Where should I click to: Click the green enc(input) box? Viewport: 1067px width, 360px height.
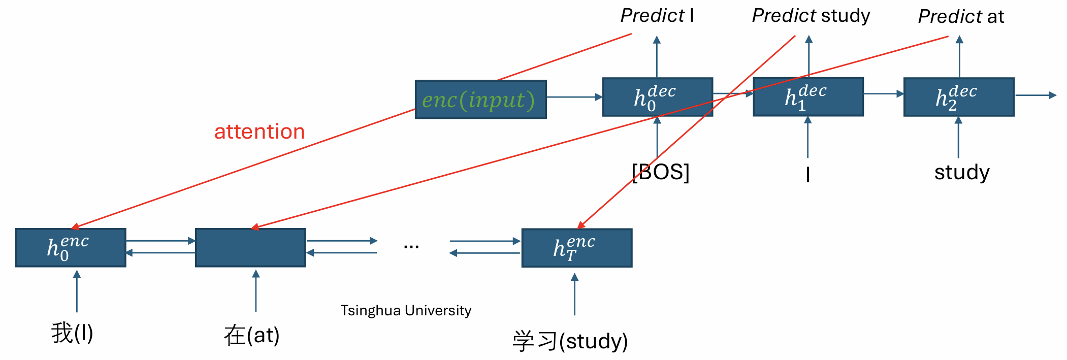tap(480, 100)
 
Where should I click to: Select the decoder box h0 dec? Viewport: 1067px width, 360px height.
tap(657, 97)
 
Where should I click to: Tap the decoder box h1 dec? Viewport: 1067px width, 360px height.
tap(808, 96)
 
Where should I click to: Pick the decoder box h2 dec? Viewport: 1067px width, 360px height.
tap(959, 96)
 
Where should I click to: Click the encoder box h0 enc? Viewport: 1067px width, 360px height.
tap(71, 247)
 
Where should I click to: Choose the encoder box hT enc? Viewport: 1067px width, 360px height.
tap(577, 248)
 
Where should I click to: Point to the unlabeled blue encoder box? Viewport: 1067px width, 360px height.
tap(250, 247)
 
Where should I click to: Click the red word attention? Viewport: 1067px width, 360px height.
tap(260, 132)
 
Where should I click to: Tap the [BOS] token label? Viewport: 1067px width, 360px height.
tap(660, 172)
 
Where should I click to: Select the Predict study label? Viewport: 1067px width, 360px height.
tap(811, 16)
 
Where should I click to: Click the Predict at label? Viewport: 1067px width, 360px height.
tap(961, 17)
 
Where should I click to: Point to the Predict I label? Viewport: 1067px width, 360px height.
tap(657, 16)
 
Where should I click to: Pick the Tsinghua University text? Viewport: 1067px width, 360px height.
tap(406, 310)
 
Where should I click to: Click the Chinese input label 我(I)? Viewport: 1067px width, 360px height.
tap(72, 333)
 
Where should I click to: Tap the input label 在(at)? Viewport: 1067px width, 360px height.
tap(251, 335)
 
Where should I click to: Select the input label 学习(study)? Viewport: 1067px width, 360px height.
tap(570, 341)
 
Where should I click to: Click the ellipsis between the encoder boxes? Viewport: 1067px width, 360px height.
tap(411, 247)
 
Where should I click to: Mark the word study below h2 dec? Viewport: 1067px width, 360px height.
tap(962, 173)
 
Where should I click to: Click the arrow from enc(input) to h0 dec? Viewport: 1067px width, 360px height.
tap(574, 97)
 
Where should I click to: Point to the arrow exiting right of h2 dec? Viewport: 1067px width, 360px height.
tap(1036, 95)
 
